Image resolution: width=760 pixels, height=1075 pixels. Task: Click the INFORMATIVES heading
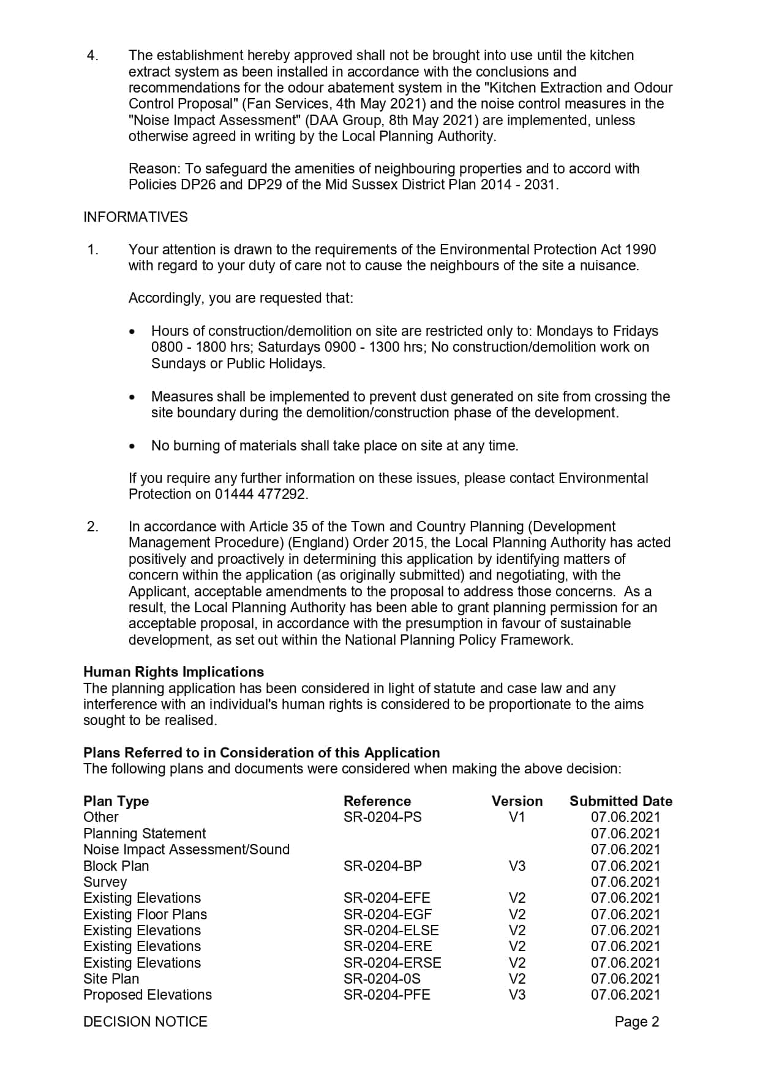click(135, 217)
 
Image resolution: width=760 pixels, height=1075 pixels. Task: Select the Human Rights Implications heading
click(173, 672)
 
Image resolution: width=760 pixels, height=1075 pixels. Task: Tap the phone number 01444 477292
click(260, 494)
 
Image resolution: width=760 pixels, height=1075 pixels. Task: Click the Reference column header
click(377, 801)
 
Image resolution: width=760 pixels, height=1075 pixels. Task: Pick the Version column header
click(517, 801)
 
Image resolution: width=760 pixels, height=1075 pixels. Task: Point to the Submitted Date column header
click(620, 801)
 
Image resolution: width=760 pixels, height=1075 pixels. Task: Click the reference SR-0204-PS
click(382, 817)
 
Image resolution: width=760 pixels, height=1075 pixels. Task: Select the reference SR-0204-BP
click(382, 866)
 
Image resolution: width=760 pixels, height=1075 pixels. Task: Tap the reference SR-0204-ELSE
click(391, 930)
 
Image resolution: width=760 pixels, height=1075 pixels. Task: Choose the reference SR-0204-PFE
click(386, 995)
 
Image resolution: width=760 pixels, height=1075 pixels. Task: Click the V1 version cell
click(517, 817)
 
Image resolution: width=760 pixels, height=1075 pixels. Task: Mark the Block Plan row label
click(116, 866)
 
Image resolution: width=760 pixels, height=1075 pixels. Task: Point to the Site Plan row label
click(111, 979)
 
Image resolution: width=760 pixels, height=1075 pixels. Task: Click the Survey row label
click(105, 882)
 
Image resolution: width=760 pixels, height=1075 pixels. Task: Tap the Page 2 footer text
click(636, 1022)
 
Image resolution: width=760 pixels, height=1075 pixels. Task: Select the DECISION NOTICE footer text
click(145, 1022)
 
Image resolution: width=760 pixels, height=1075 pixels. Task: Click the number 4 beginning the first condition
click(91, 56)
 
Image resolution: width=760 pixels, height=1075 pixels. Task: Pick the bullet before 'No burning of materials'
click(132, 446)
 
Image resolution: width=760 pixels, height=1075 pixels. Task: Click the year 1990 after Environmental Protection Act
click(640, 249)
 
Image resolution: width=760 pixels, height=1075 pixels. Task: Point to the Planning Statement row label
click(145, 834)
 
